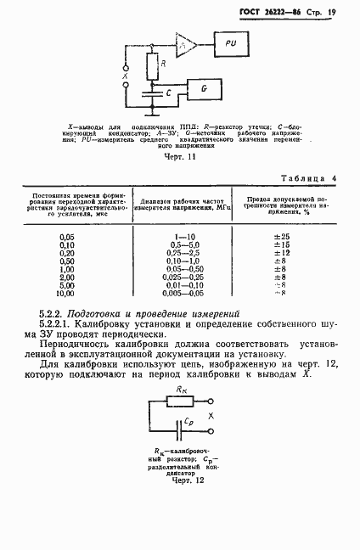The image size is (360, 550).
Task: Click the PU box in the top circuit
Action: pos(232,42)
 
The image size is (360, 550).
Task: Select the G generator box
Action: pos(205,88)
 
